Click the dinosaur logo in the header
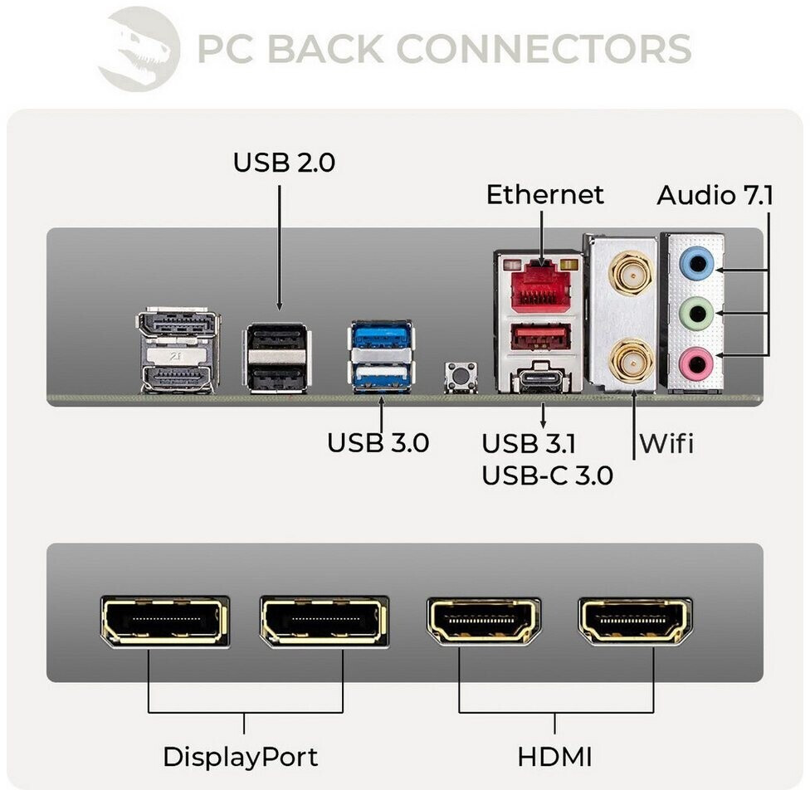coord(139,48)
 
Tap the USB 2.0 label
coord(284,162)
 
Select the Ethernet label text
coord(544,195)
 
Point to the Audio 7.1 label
coord(715,196)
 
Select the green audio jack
coord(694,314)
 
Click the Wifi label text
coord(666,444)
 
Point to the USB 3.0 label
coord(378,442)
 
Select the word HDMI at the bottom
coord(555,757)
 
